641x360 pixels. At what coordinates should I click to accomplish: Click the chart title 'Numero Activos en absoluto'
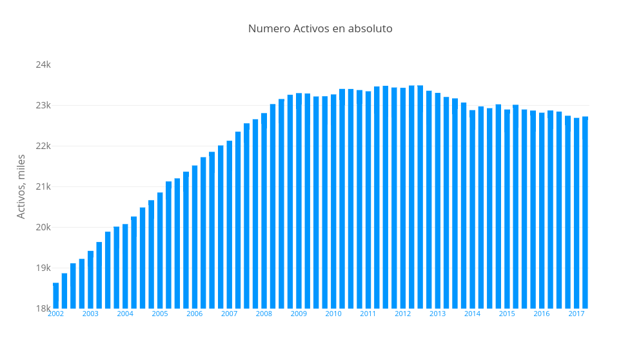(320, 29)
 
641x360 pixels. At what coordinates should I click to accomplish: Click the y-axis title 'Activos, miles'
(21, 186)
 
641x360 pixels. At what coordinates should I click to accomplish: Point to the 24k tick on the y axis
(43, 65)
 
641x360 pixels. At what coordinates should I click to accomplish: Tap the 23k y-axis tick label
(43, 105)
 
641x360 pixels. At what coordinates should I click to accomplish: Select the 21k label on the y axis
(43, 186)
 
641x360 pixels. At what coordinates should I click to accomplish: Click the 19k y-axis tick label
(43, 268)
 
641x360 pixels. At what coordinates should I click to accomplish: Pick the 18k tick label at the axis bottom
(43, 308)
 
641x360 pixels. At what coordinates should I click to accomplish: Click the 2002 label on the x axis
(56, 314)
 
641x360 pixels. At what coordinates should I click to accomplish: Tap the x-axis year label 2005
(160, 314)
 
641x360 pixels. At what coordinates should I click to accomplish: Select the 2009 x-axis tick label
(299, 314)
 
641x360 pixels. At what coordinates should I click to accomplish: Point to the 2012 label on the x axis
(403, 314)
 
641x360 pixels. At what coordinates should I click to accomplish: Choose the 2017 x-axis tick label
(577, 314)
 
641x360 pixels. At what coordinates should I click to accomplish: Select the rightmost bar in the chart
(585, 213)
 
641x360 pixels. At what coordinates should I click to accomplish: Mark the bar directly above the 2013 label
(438, 201)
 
